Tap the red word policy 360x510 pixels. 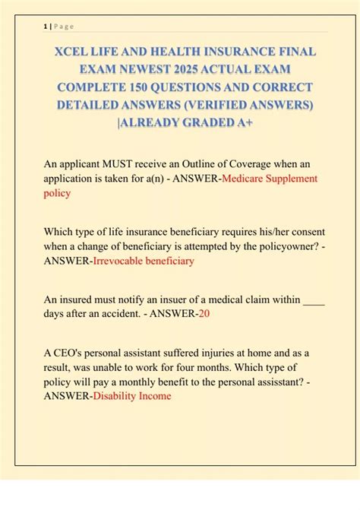57,193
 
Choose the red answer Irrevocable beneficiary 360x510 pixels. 143,261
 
